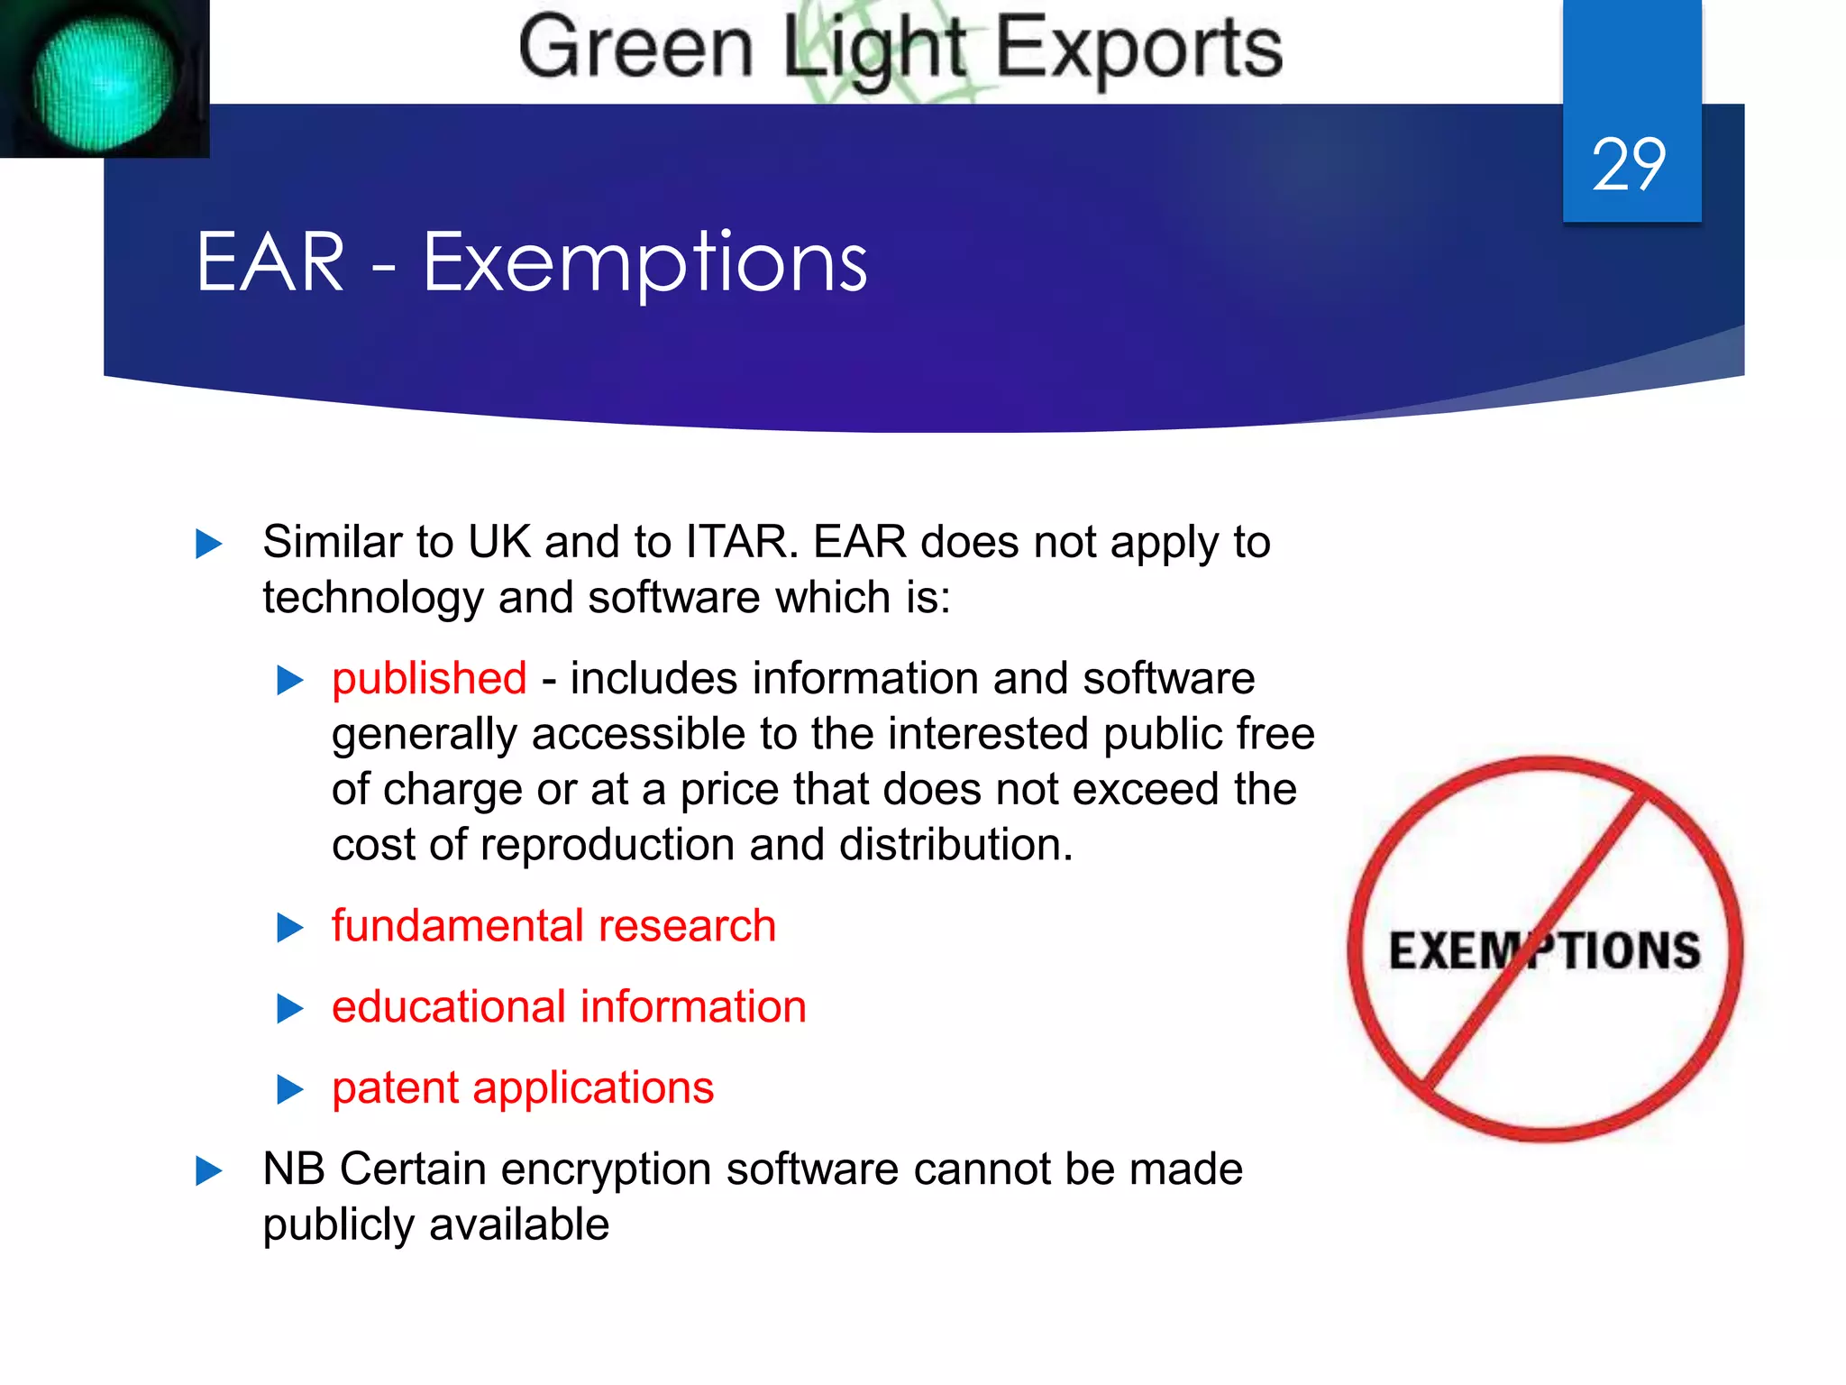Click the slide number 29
1629,165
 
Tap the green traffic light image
104,81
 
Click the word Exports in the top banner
1138,49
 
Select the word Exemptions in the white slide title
644,263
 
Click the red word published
429,678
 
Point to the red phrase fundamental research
553,926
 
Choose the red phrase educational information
569,1007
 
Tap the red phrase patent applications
523,1088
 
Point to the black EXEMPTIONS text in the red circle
1544,951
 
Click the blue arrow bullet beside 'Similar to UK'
208,544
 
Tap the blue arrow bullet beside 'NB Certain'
208,1171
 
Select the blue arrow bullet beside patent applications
289,1089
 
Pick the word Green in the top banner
635,49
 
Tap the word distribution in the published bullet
955,845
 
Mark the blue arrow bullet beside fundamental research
289,928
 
